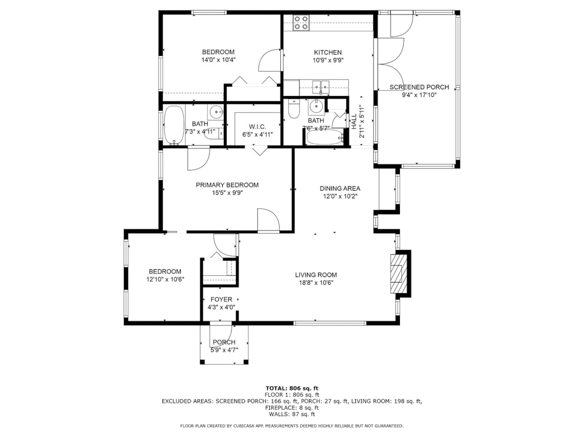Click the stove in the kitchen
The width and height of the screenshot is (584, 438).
coord(301,23)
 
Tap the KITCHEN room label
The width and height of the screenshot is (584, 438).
coord(328,52)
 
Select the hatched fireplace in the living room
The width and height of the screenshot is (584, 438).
coord(399,274)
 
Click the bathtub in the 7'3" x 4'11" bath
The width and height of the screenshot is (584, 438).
coord(174,125)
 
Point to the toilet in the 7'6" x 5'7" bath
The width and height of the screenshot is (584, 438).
coord(294,109)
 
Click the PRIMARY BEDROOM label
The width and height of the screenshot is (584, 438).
coord(227,185)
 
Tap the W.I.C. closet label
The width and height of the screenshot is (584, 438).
coord(257,127)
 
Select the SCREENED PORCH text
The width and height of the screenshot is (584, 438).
coord(419,87)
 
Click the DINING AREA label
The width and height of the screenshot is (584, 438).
coord(340,188)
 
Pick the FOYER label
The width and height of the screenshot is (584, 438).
coord(221,299)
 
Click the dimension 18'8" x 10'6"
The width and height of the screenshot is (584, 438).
coord(316,282)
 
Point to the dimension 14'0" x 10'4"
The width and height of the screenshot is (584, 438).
coord(218,60)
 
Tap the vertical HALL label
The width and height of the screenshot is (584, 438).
coord(354,122)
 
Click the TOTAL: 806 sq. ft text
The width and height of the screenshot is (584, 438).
coord(292,388)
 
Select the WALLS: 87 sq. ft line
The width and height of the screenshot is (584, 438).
coord(292,414)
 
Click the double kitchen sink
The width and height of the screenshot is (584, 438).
coord(321,88)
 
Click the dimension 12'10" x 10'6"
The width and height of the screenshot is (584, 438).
coord(165,279)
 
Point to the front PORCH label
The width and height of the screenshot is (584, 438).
coord(224,342)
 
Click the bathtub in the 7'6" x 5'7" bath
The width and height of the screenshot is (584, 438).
coord(325,137)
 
